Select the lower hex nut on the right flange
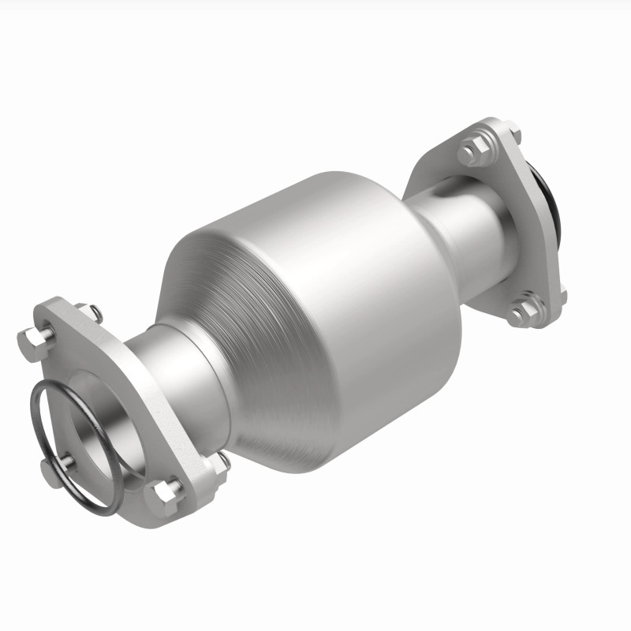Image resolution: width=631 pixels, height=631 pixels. [521, 313]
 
